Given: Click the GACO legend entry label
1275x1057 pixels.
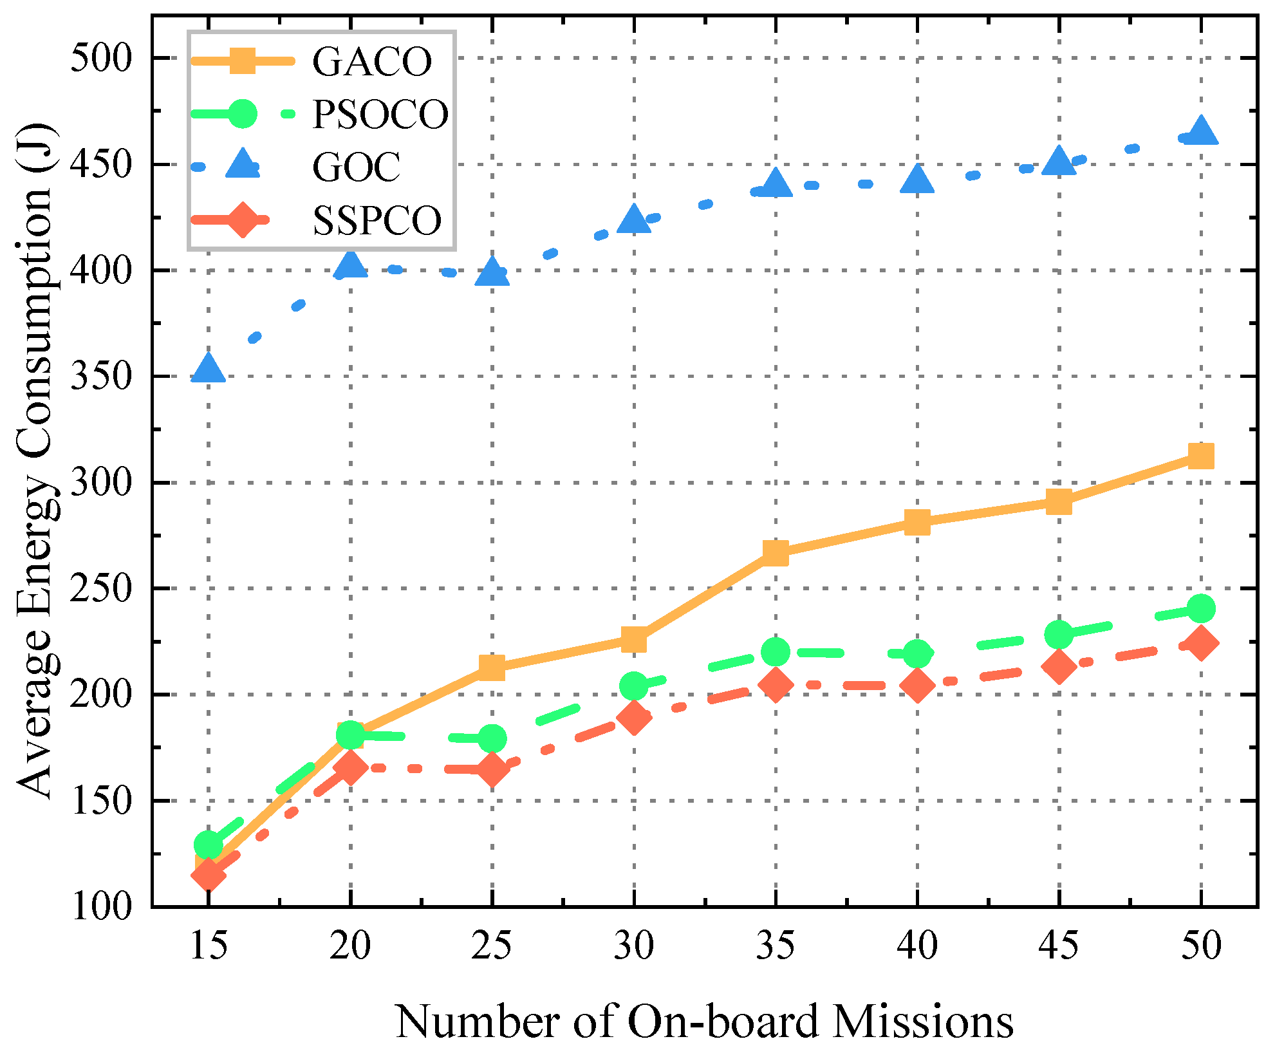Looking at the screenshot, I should pyautogui.click(x=372, y=62).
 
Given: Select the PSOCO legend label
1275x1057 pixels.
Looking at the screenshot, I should pyautogui.click(x=380, y=115).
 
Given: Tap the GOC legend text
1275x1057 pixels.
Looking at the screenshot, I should pyautogui.click(x=356, y=167).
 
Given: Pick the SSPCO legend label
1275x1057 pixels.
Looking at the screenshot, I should pyautogui.click(x=377, y=221).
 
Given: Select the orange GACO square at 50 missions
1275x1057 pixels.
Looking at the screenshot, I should pyautogui.click(x=1201, y=456).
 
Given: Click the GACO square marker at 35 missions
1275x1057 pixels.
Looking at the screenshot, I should pyautogui.click(x=776, y=552).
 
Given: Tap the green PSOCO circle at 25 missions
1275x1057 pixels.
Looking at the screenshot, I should pyautogui.click(x=492, y=738).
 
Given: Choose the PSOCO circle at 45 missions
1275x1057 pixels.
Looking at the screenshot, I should pyautogui.click(x=1059, y=635).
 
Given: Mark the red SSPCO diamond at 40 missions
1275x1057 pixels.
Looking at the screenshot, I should pyautogui.click(x=917, y=685).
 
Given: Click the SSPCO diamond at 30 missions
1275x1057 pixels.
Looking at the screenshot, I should pyautogui.click(x=634, y=717).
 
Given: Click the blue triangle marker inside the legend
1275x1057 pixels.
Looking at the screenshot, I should pyautogui.click(x=243, y=164).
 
